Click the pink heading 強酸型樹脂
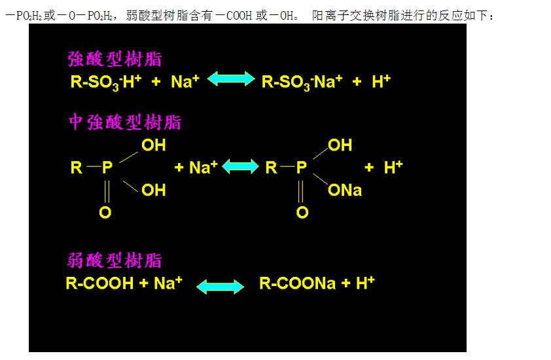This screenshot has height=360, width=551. (115, 59)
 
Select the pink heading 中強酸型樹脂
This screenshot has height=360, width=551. (125, 122)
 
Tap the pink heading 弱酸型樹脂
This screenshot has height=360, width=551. (115, 261)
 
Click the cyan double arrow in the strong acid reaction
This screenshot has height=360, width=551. (231, 79)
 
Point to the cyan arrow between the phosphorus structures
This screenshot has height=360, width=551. (240, 166)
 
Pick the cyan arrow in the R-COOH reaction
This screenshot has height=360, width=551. (220, 287)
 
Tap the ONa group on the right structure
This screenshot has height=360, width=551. (345, 190)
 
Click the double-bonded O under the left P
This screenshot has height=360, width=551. (105, 212)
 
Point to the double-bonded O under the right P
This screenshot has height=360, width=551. (302, 212)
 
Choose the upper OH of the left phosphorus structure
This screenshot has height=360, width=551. (154, 145)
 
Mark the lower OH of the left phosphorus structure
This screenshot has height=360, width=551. (154, 190)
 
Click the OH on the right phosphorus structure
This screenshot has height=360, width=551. (340, 145)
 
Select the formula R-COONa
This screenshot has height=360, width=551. (297, 283)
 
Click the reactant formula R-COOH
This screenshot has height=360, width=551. (100, 283)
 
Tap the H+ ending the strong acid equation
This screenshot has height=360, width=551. (382, 81)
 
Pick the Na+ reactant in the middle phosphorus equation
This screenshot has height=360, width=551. (204, 167)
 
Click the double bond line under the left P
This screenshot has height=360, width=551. (107, 191)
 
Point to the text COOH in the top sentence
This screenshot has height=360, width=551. (239, 16)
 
